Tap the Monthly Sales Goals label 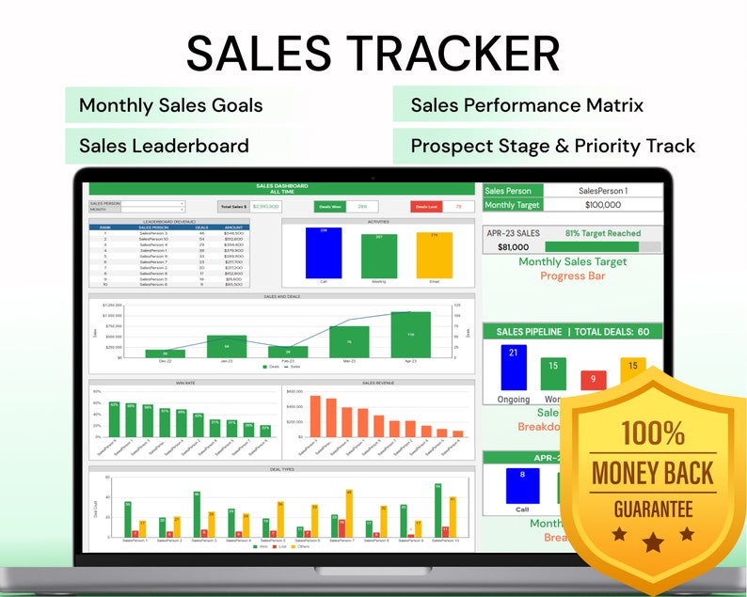[170, 105]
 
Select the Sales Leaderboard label [164, 146]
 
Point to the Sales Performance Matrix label [527, 105]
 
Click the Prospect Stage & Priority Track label [552, 146]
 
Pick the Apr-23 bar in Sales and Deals [410, 334]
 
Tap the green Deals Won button [330, 206]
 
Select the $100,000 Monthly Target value [602, 205]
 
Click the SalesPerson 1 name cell [602, 191]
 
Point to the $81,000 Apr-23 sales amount [513, 247]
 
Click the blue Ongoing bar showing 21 [513, 367]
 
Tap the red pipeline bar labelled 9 [593, 380]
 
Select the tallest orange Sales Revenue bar [315, 415]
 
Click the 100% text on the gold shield [652, 433]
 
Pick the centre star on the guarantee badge [652, 542]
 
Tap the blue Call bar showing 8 [522, 484]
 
